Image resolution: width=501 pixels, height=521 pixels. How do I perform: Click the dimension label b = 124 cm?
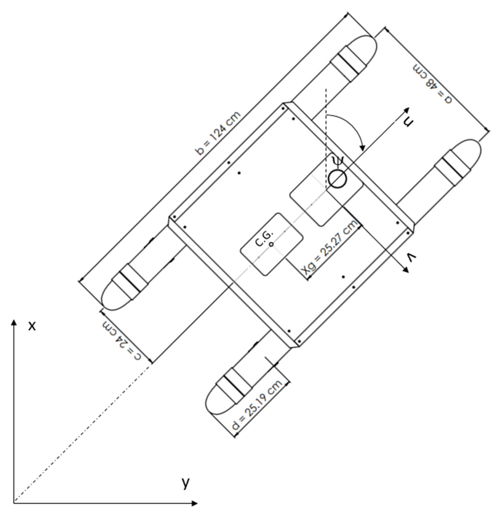218,133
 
